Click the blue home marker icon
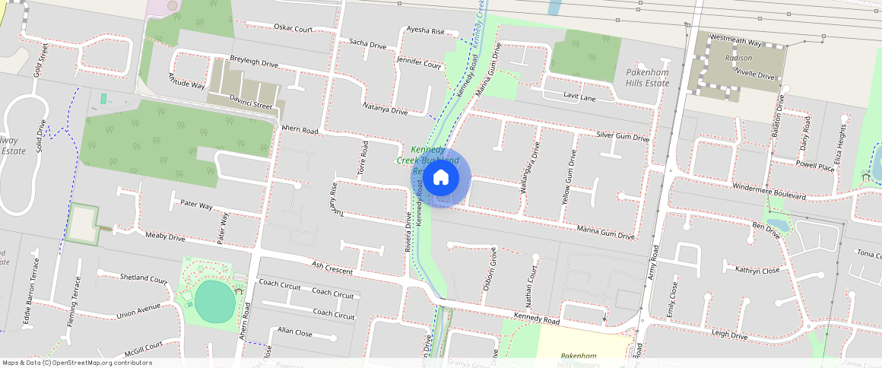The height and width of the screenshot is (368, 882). [x=441, y=179]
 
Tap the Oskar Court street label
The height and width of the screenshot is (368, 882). [x=293, y=29]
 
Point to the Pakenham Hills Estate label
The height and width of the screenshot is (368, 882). [x=647, y=78]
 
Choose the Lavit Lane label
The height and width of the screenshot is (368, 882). [x=579, y=97]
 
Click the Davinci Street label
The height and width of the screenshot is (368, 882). [x=250, y=104]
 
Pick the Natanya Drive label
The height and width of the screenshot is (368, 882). [x=385, y=109]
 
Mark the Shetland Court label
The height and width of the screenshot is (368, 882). [x=143, y=278]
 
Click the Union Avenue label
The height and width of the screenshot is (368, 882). [x=138, y=312]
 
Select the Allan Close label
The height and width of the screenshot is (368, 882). [x=294, y=332]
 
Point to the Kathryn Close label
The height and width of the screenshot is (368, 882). [x=757, y=269]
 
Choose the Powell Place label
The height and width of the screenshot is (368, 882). [x=815, y=165]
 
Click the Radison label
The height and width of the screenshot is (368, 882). [x=738, y=58]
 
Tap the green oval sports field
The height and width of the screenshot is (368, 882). [x=215, y=301]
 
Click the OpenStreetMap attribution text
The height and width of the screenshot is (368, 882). [x=77, y=363]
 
